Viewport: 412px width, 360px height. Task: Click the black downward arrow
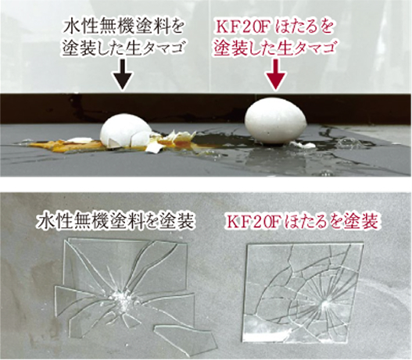122,74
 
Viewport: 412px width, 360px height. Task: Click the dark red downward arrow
275,74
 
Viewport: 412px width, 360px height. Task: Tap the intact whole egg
275,122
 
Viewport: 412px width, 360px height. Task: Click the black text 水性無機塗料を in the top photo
123,28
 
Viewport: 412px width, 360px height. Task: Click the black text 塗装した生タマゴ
123,48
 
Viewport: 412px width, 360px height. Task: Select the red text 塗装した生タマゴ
275,48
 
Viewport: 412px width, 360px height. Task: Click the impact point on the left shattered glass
121,298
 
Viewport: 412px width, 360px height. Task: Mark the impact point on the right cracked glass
326,305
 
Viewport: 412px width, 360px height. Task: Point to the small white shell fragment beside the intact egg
303,144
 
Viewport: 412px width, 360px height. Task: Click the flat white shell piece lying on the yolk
79,140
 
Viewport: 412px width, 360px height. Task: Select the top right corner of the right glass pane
364,244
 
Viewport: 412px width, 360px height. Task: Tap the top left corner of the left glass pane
68,238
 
